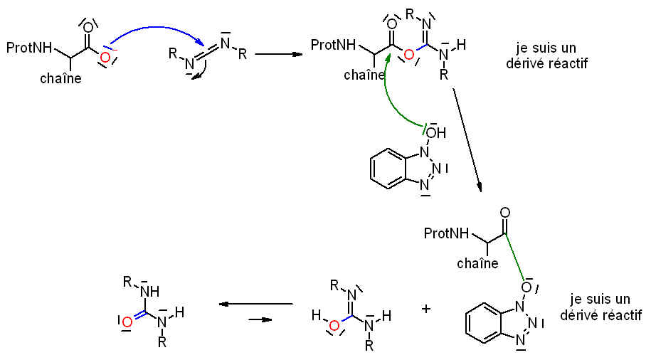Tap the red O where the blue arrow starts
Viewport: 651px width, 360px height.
pyautogui.click(x=105, y=57)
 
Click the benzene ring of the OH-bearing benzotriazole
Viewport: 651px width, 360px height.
pyautogui.click(x=390, y=168)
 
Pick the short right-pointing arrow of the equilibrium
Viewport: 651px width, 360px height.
pyautogui.click(x=261, y=319)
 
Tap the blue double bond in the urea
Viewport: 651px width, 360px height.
pyautogui.click(x=137, y=317)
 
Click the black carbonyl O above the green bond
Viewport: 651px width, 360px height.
pyautogui.click(x=505, y=212)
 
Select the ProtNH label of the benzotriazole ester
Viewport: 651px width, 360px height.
pyautogui.click(x=446, y=233)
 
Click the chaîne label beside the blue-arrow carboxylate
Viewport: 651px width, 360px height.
pyautogui.click(x=60, y=78)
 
